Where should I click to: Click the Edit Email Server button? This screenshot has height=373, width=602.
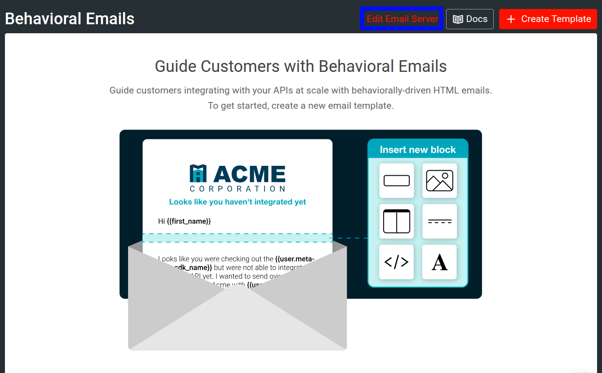tap(402, 19)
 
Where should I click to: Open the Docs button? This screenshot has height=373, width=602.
tap(470, 19)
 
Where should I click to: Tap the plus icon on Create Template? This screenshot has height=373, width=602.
tap(511, 19)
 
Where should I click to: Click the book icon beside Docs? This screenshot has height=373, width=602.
tap(458, 19)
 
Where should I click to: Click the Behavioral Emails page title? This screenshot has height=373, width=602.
tap(70, 19)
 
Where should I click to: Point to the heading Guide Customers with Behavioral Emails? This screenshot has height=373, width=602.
tap(301, 67)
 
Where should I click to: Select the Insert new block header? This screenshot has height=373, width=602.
tap(418, 150)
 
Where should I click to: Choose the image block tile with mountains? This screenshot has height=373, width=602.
tap(439, 181)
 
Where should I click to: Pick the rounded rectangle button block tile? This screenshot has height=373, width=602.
tap(397, 181)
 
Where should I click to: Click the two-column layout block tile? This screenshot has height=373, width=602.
tap(397, 221)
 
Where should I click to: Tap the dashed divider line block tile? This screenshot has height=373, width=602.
tap(439, 221)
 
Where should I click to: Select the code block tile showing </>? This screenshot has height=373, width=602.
tap(397, 262)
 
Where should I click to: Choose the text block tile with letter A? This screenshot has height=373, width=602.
tap(439, 262)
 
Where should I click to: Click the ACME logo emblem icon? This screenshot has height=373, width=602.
tap(198, 173)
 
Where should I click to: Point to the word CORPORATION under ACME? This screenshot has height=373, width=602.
tap(237, 189)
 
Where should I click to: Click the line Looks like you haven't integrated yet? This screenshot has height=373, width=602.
tap(237, 202)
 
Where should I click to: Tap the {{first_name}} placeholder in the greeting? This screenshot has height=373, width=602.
tap(189, 221)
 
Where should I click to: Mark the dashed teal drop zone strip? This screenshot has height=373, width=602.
tap(237, 238)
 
